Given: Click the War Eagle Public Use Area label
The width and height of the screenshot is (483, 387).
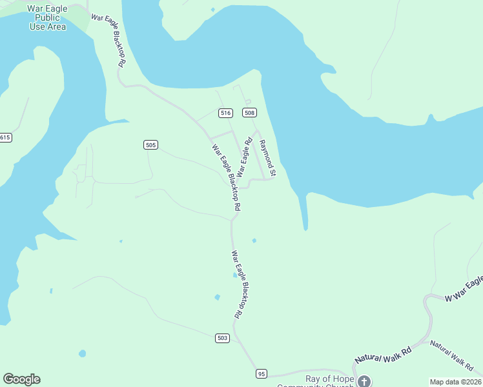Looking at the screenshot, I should click(48, 17).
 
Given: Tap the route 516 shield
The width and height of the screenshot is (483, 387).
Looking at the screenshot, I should click(225, 113).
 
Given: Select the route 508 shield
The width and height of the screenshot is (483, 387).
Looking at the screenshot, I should click(250, 113).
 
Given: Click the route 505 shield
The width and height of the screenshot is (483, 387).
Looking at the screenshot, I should click(150, 144).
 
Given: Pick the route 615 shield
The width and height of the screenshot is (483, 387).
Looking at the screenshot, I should click(5, 137).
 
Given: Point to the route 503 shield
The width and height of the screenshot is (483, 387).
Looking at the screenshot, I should click(222, 337).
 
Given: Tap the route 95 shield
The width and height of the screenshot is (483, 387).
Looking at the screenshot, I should click(261, 373).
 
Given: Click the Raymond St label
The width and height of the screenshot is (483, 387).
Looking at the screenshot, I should click(267, 158).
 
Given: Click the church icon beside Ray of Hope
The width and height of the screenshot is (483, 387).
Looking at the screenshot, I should click(364, 381).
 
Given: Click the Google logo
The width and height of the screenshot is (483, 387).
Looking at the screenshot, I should click(21, 379).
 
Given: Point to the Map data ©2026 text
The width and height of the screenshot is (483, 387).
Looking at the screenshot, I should click(456, 382).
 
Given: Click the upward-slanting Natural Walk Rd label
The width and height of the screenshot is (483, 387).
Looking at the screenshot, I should click(382, 355).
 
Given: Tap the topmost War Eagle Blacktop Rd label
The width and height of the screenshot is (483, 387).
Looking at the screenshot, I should click(108, 41).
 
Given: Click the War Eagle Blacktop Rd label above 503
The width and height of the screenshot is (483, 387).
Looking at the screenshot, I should click(237, 284).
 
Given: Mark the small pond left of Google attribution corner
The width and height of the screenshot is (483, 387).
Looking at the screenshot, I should click(82, 353).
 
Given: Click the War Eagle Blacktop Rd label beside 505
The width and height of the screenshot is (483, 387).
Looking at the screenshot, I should click(227, 177).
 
